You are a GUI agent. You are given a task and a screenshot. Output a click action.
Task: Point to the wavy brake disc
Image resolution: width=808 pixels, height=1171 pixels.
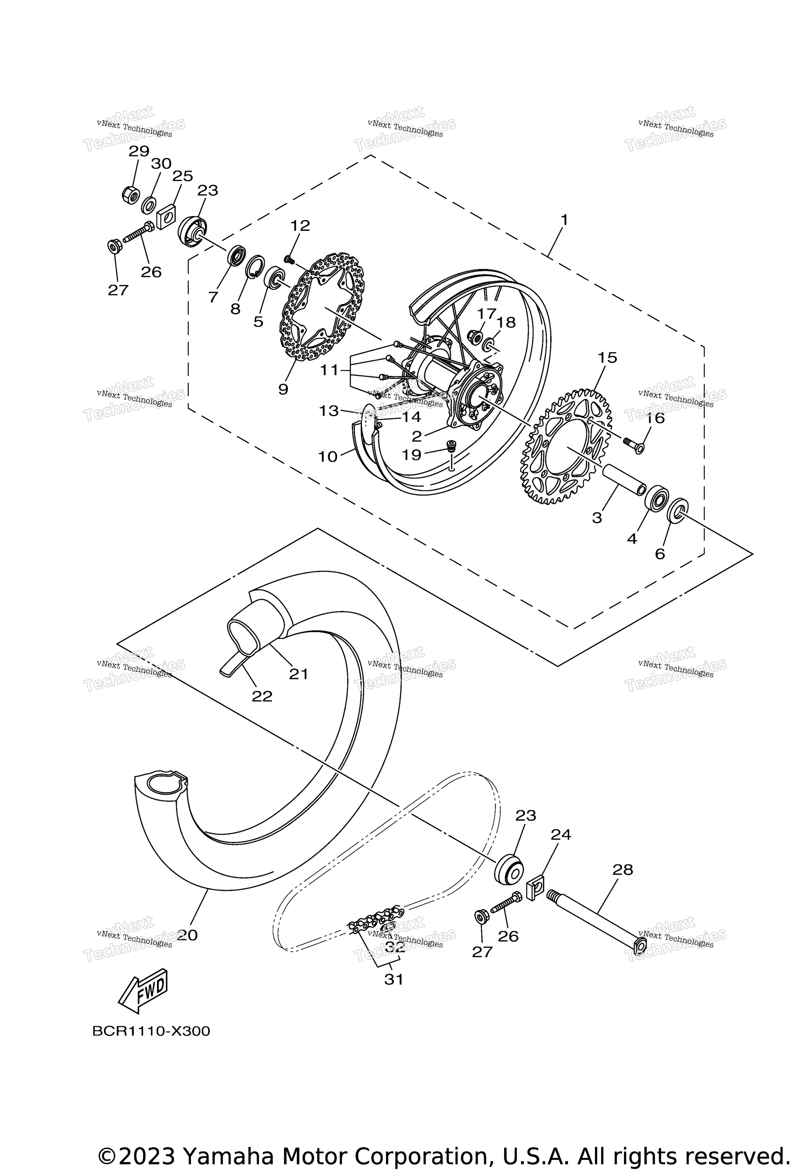[x=323, y=307]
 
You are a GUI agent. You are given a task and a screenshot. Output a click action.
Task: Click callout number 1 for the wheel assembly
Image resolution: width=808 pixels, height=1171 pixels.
[x=564, y=220]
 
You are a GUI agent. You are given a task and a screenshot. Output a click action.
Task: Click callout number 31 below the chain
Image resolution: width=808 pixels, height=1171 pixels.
[x=394, y=979]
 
